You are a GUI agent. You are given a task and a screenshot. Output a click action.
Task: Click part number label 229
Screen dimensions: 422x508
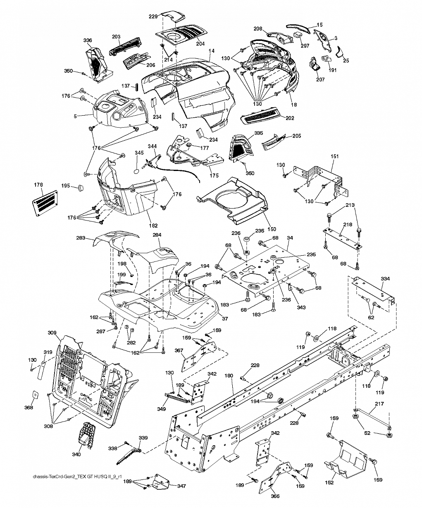click(x=153, y=16)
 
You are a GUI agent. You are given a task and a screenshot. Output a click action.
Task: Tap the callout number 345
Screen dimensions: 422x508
click(x=139, y=152)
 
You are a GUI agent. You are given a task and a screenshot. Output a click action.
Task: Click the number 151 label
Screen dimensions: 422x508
click(x=334, y=156)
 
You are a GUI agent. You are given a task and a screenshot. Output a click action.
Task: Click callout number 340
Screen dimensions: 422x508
click(x=76, y=454)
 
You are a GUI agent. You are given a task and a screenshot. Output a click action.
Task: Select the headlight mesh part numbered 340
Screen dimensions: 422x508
click(x=86, y=434)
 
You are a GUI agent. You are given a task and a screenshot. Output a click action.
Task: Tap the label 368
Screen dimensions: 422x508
click(x=29, y=407)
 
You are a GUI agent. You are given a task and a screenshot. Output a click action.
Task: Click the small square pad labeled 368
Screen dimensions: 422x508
click(x=35, y=394)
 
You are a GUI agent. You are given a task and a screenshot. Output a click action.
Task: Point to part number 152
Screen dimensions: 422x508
click(x=329, y=482)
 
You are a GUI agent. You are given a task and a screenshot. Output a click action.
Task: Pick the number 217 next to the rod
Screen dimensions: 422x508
click(x=379, y=404)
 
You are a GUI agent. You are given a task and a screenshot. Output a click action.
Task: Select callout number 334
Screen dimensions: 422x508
click(x=385, y=278)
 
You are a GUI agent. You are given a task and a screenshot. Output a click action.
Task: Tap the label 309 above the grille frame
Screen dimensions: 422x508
click(x=52, y=332)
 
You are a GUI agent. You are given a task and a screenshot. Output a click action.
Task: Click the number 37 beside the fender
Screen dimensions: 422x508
click(x=225, y=318)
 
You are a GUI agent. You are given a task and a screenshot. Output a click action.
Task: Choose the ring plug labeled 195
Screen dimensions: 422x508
click(x=80, y=188)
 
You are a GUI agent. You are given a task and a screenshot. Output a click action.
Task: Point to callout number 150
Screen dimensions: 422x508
click(x=272, y=229)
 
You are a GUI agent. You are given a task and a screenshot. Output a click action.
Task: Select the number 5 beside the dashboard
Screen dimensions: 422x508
click(x=75, y=116)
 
